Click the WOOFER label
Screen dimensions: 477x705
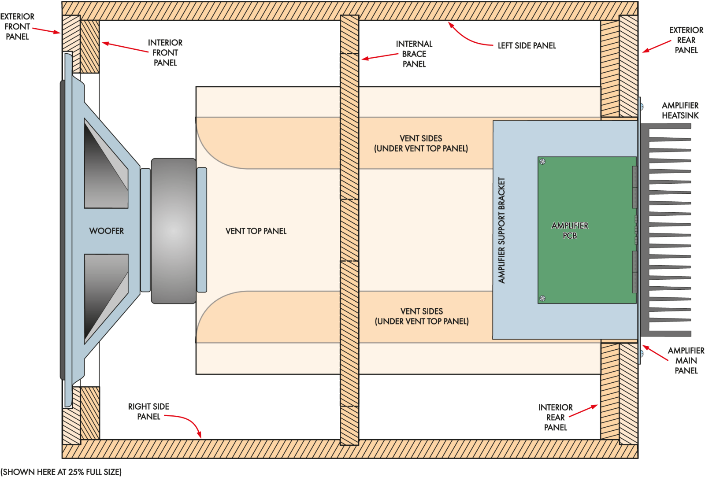point(106,231)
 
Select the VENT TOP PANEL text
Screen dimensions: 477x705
point(256,231)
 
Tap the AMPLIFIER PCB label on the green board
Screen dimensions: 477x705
point(570,230)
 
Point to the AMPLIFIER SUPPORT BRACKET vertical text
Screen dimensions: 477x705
point(501,230)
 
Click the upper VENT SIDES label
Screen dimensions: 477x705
point(421,143)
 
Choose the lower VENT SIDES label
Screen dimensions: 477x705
point(422,316)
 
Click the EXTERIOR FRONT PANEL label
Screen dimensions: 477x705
point(17,26)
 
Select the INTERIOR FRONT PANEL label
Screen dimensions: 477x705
point(165,52)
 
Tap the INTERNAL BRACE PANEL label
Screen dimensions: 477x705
point(414,54)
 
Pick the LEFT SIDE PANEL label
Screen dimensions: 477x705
point(527,45)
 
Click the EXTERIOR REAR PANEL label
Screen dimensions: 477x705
point(686,40)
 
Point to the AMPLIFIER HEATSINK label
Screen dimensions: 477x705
point(680,110)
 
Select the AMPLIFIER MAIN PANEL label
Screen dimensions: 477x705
point(686,360)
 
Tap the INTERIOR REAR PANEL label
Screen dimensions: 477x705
point(555,417)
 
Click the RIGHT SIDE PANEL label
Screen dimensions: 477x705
point(148,411)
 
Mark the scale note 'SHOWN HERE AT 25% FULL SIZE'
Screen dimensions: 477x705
point(61,472)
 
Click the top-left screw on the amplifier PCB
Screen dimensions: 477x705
point(543,162)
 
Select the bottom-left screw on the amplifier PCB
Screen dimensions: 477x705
point(543,298)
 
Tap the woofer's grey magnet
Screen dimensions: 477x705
point(174,231)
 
